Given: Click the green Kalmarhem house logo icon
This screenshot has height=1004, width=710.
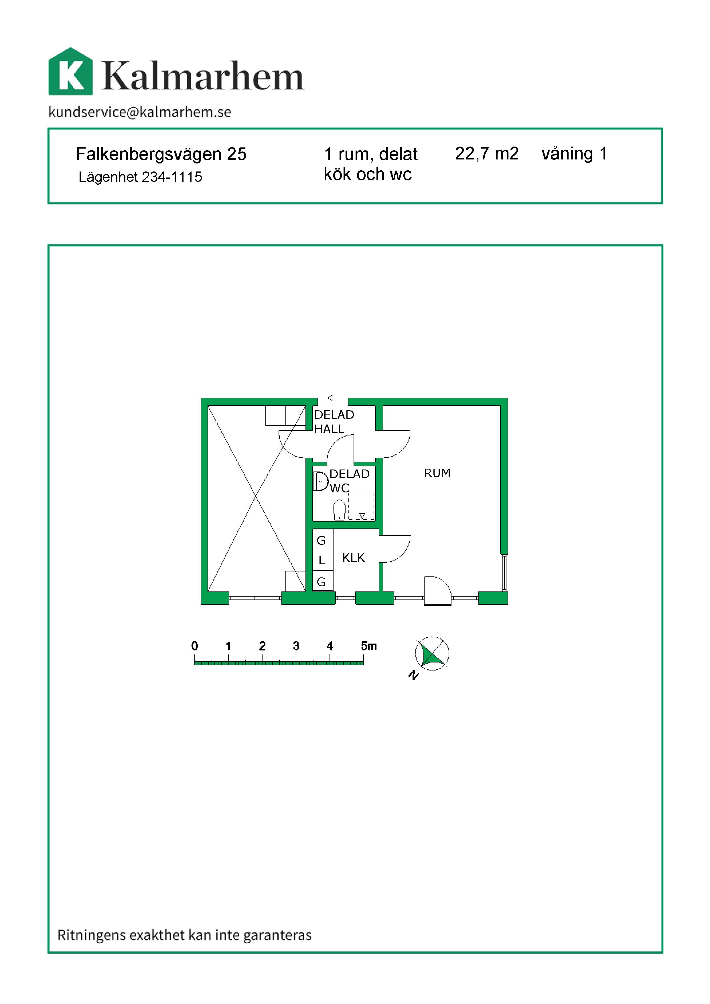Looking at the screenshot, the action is (x=70, y=72).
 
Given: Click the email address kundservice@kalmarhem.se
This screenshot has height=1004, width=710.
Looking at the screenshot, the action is (x=140, y=112).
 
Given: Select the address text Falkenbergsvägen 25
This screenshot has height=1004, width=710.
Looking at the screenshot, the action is (x=161, y=154).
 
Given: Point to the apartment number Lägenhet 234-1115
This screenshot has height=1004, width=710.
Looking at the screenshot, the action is (x=140, y=177).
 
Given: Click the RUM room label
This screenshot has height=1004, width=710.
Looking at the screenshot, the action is (x=437, y=473).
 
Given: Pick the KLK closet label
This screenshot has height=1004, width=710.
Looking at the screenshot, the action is (x=353, y=557).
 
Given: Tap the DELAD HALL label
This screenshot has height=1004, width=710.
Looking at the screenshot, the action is (x=334, y=421).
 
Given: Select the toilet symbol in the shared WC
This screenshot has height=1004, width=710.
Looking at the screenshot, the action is (x=339, y=510).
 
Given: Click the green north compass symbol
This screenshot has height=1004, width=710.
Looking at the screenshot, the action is (x=432, y=654).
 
